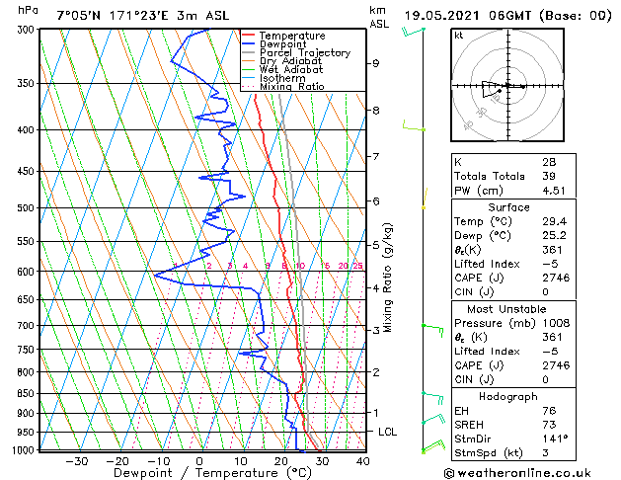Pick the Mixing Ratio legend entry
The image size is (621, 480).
tap(287, 87)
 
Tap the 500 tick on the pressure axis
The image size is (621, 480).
tap(27, 208)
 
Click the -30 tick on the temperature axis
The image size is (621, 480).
tap(76, 461)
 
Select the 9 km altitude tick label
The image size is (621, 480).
tap(376, 63)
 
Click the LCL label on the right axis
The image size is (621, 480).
tap(388, 432)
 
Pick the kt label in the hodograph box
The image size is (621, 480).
tap(459, 35)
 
